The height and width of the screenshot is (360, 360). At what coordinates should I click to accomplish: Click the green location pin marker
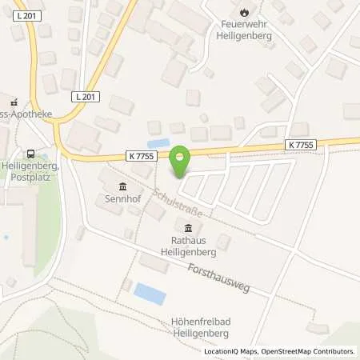coord(181,159)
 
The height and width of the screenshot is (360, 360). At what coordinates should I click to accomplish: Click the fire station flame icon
coord(244,13)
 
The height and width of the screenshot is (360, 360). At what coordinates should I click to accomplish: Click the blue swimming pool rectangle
coord(150,294)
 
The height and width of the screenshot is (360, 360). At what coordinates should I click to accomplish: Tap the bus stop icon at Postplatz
coord(30,154)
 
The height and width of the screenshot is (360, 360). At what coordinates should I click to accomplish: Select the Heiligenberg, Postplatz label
coord(30,172)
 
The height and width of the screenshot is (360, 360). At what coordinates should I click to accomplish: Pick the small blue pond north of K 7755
coord(158,144)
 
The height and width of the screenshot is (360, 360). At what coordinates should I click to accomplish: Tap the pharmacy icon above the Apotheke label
coord(13,102)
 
